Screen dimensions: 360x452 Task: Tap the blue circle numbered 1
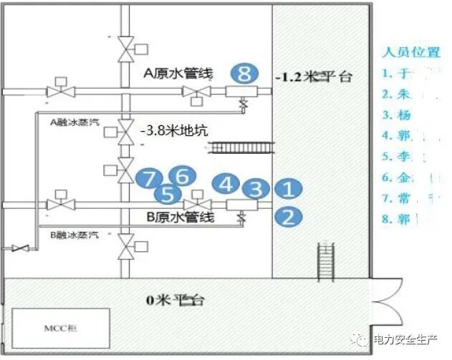click(288, 190)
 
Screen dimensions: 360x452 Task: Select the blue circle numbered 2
click(288, 216)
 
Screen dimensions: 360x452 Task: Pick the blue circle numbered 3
click(254, 189)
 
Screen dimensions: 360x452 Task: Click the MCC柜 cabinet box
click(59, 329)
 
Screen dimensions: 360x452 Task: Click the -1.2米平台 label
click(314, 77)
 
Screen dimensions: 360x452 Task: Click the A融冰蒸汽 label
click(72, 122)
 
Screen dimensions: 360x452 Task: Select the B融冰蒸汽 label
click(72, 234)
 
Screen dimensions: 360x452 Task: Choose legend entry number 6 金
click(398, 177)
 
